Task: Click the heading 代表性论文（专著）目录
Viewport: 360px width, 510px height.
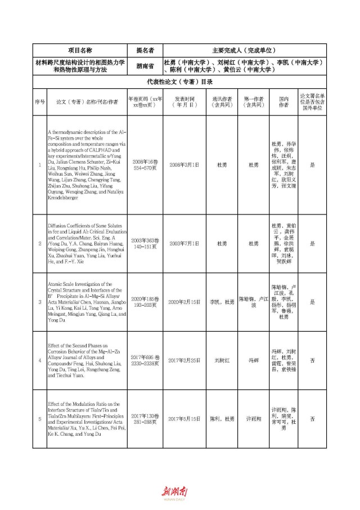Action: (x=187, y=82)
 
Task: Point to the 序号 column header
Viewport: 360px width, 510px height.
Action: (x=39, y=102)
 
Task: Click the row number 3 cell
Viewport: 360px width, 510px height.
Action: (x=39, y=302)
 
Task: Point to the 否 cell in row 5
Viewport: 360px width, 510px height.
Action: (x=312, y=419)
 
